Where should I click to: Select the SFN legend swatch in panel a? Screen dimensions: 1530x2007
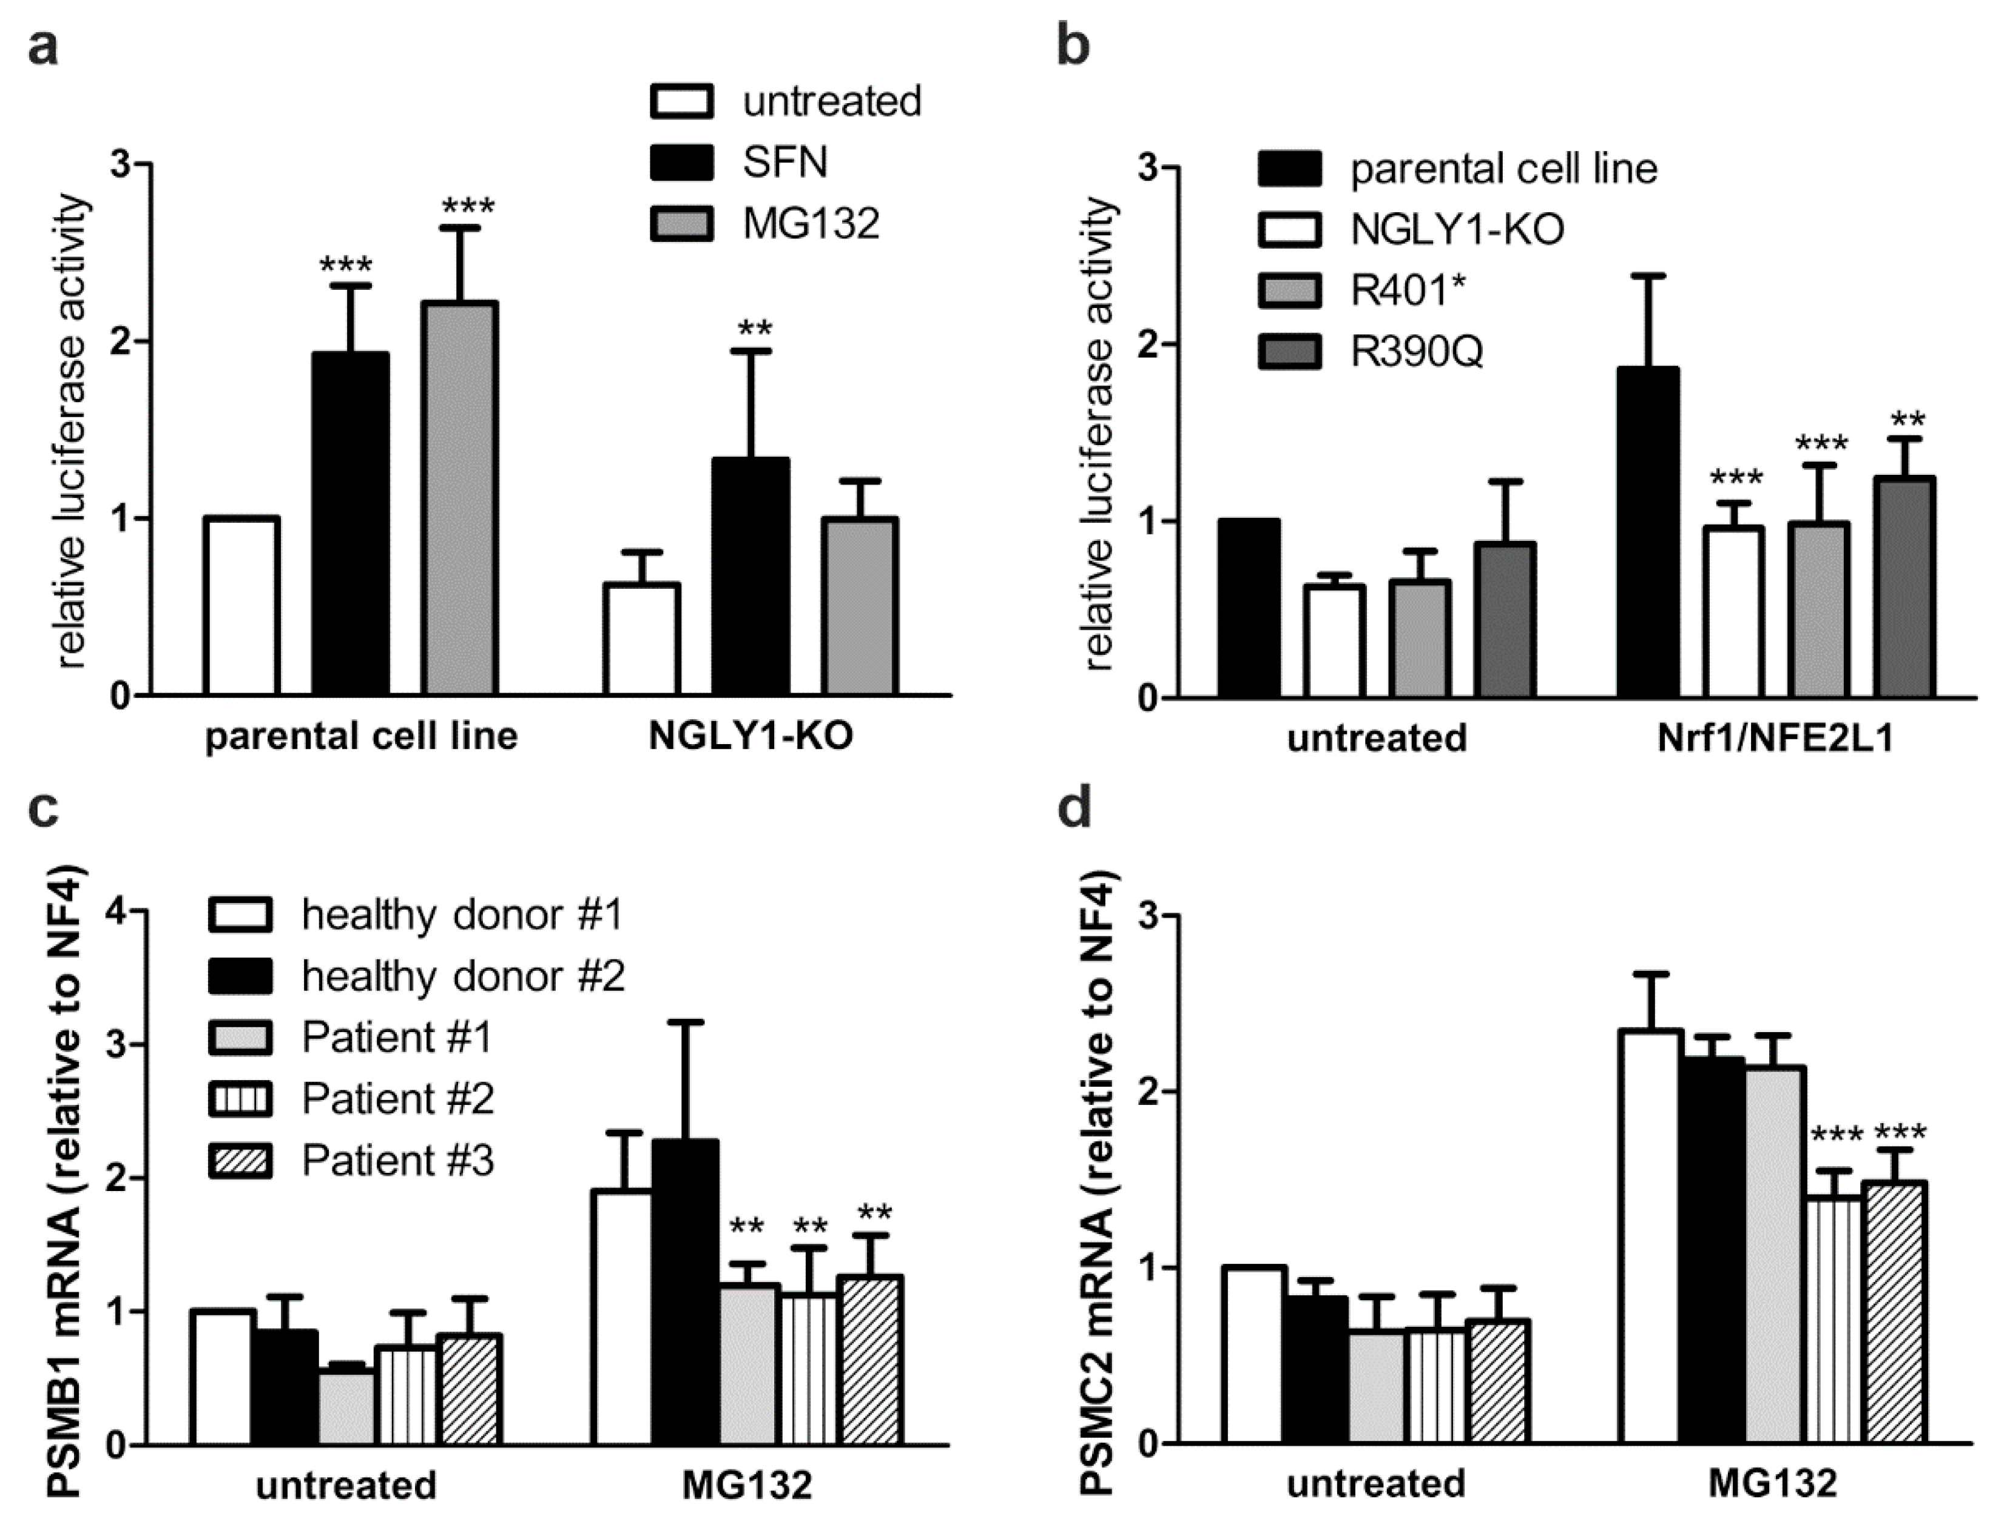tap(681, 162)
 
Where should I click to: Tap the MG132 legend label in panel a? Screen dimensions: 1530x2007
tap(811, 224)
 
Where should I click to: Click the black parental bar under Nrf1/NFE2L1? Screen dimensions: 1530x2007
tap(1648, 534)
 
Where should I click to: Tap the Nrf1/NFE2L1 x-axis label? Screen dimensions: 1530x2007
tap(1775, 737)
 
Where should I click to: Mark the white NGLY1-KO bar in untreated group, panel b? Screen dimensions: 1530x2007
tap(1334, 642)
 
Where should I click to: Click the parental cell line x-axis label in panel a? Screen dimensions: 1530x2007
tap(361, 736)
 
